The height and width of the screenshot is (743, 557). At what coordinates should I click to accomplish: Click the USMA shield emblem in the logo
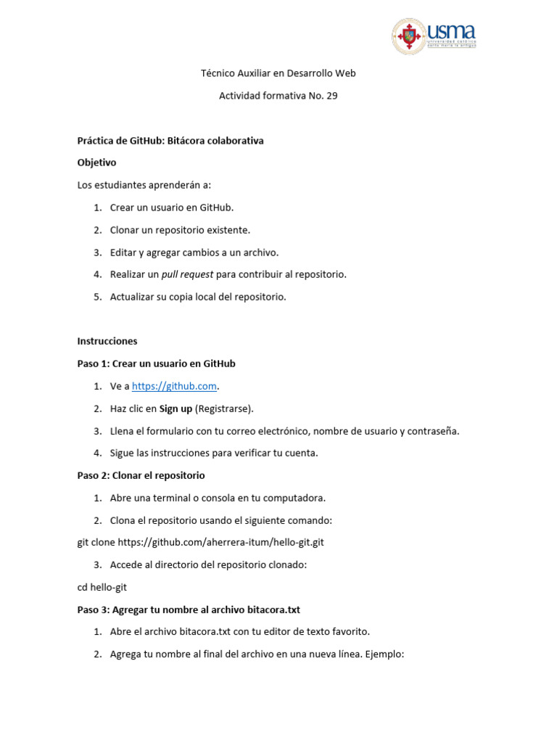(410, 36)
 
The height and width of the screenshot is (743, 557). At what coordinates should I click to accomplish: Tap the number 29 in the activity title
(331, 96)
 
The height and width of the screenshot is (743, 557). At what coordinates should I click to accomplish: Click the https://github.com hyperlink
(174, 386)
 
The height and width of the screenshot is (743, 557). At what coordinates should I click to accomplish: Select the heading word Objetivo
(96, 163)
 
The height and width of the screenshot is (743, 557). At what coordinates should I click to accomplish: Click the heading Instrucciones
(107, 341)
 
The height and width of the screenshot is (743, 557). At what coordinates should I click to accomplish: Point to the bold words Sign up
(176, 409)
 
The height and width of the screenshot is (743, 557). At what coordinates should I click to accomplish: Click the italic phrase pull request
(187, 274)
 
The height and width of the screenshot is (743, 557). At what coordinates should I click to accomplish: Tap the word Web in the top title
(346, 73)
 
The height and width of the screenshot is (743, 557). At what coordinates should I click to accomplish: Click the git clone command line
(200, 542)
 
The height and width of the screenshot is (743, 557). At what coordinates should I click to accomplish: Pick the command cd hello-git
(102, 587)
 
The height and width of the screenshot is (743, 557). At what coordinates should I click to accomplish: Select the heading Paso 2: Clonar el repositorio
(141, 475)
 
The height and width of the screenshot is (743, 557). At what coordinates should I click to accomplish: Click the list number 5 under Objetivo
(96, 297)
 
